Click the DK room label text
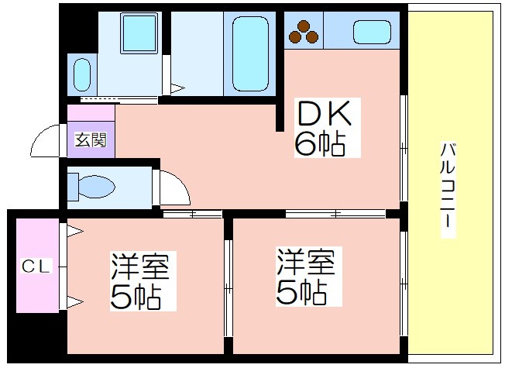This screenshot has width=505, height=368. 325,113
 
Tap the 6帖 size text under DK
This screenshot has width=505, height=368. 320,144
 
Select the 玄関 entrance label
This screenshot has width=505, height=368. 91,140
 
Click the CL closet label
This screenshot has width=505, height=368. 36,267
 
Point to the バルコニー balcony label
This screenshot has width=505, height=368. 448,190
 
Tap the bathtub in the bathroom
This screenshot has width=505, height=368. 250,53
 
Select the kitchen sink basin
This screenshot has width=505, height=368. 372,32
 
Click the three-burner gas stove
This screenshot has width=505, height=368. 304,32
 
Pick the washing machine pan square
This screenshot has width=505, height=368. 139,33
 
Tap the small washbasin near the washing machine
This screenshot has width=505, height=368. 82,74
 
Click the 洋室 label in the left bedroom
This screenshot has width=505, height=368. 140,267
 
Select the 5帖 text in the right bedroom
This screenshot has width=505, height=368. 301,293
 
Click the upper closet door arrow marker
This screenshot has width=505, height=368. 75,231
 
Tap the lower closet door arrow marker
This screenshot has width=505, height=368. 75,302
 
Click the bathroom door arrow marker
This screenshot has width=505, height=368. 177,88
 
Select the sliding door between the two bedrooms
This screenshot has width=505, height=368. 228,288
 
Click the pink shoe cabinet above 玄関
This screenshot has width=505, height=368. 91,113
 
